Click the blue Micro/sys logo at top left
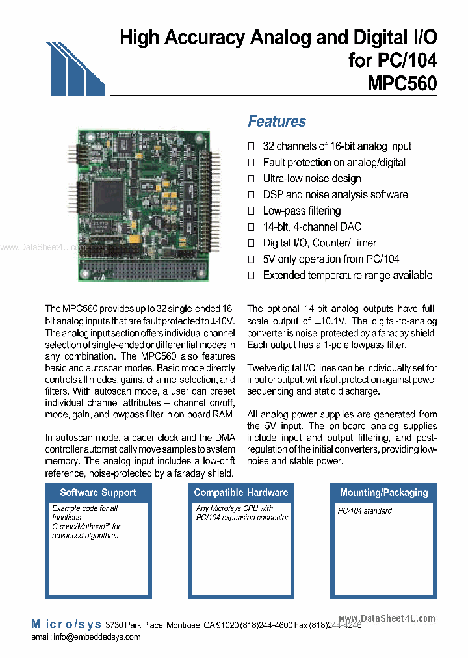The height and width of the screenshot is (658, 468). pos(74,69)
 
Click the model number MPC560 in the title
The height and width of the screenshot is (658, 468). pos(402,85)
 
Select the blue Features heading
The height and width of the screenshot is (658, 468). pos(277,122)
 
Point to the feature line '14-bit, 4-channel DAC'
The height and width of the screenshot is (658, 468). pos(311,227)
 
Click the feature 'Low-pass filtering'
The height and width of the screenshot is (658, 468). pos(302,211)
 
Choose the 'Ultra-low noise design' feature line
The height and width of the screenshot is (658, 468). pos(311,178)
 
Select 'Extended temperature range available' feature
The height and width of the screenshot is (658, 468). pos(347,275)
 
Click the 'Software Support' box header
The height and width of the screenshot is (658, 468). pos(97,492)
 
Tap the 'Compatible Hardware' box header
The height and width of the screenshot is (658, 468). pos(240,492)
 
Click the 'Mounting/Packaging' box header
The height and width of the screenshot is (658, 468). pos(384,492)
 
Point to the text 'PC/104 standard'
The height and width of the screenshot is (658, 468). pos(365,511)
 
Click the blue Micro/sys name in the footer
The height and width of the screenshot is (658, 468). pos(66,624)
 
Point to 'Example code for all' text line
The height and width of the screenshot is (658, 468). pos(85,508)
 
